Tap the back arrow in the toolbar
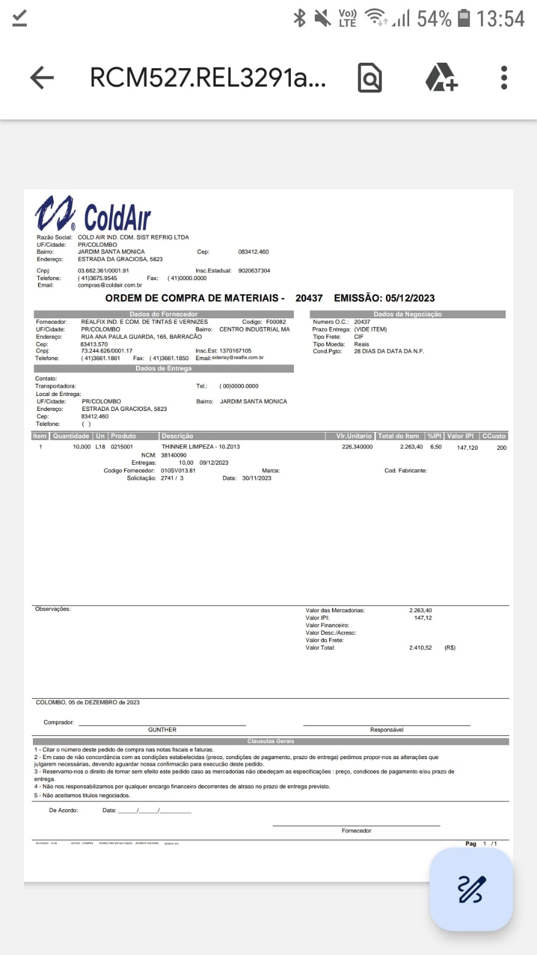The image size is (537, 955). (x=42, y=78)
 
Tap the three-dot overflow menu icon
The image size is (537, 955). (x=504, y=78)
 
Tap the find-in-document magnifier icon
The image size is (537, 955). (x=370, y=78)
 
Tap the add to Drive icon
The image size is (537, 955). (x=441, y=78)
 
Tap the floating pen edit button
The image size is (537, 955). (x=471, y=889)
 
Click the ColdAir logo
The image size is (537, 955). (x=93, y=214)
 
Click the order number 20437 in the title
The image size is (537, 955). (x=309, y=298)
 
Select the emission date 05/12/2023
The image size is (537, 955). (x=410, y=298)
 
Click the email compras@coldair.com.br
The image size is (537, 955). (x=110, y=285)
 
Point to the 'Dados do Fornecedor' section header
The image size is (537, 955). (x=163, y=314)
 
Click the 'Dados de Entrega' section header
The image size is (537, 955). (x=163, y=369)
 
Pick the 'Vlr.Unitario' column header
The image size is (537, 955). (x=354, y=436)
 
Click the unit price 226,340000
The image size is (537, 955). (x=357, y=447)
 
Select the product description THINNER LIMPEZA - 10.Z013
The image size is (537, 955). (x=201, y=447)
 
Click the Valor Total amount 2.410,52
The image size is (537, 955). (x=420, y=647)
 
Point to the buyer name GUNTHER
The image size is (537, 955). (x=162, y=730)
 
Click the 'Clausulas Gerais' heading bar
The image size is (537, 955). (x=271, y=741)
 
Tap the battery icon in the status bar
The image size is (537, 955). (x=464, y=19)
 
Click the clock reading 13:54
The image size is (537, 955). (x=501, y=19)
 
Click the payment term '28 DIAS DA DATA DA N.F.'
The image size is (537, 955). (x=389, y=351)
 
